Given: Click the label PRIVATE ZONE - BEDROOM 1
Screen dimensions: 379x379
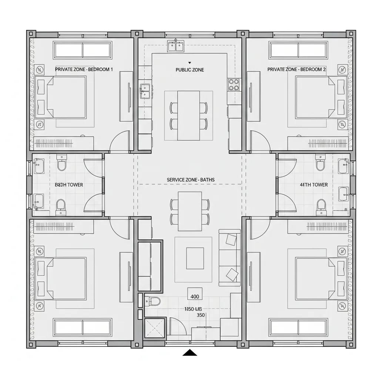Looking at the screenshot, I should tap(84, 69).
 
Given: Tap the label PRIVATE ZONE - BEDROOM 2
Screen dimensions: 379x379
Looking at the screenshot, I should tap(296, 69).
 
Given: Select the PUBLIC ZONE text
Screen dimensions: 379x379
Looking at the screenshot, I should tap(189, 70).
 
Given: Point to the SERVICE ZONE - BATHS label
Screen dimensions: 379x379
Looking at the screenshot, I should tap(190, 180).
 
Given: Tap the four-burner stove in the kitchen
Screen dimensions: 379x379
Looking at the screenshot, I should tap(234, 84).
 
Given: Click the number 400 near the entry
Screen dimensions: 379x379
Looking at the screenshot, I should tap(195, 296).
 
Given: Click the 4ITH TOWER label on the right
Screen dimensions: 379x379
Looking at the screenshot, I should tap(313, 185).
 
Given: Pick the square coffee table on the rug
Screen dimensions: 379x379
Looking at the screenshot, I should tap(195, 258).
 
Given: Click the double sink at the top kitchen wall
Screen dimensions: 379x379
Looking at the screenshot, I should tap(176, 46).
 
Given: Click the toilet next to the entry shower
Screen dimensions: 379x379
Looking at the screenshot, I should tap(153, 301).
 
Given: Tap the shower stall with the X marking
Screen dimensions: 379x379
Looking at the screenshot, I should tap(155, 328).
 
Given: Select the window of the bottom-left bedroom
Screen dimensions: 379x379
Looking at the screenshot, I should tap(83, 327).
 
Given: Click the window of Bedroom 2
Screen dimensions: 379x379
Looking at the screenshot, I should tap(298, 50).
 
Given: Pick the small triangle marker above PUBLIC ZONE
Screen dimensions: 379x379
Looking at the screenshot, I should tap(189, 63).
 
